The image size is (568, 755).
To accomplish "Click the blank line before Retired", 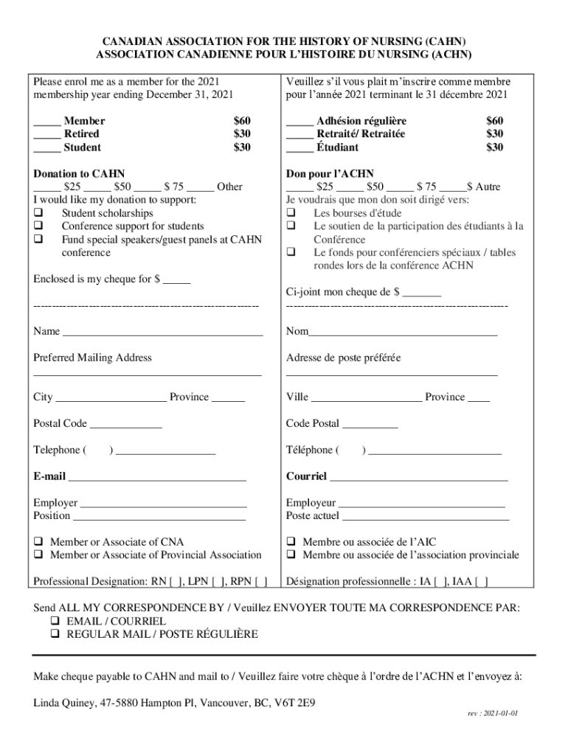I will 46,134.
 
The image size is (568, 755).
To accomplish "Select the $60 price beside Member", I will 242,120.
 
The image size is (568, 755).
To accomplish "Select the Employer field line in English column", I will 163,504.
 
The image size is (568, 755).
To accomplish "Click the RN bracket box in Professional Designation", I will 176,582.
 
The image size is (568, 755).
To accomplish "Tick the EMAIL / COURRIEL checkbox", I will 55,622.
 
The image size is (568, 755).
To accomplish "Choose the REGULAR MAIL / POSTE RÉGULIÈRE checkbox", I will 55,635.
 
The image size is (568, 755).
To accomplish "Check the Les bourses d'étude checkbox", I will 291,213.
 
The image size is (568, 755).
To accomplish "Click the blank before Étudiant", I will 299,147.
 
